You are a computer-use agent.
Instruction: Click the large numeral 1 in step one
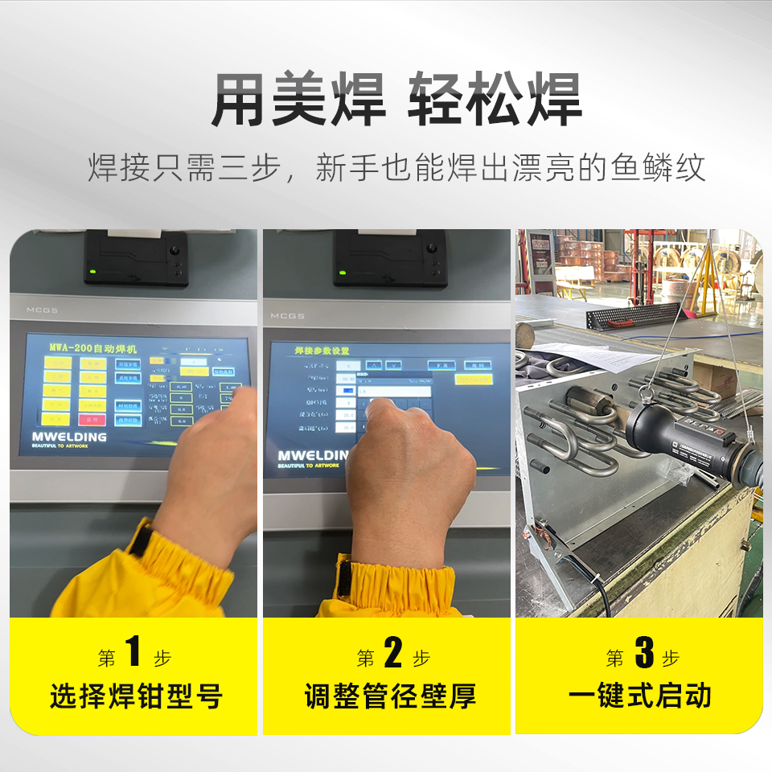coord(133,653)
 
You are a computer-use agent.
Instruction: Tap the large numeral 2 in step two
coord(393,653)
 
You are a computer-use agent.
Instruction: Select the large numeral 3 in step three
coord(644,653)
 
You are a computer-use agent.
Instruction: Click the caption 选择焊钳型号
coord(135,696)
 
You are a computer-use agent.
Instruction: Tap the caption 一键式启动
coord(640,696)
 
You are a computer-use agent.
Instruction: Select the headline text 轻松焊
coord(495,99)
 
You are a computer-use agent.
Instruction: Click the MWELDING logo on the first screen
coord(70,437)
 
